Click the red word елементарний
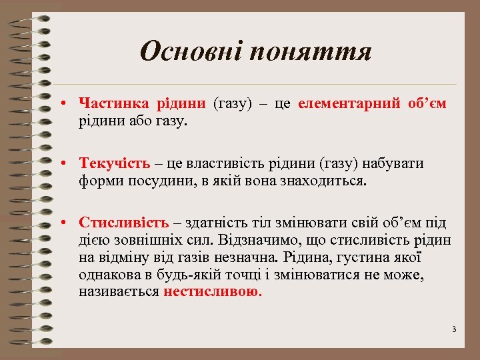349,103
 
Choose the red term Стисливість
117,223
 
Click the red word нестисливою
212,291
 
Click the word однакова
111,275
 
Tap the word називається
119,291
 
